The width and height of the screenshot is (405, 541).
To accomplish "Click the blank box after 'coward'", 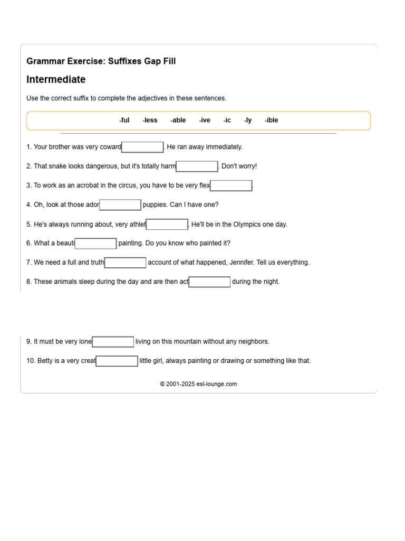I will tap(142, 147).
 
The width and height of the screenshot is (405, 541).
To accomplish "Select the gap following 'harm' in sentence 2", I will tap(197, 166).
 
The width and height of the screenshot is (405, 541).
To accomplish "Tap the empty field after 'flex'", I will tap(231, 185).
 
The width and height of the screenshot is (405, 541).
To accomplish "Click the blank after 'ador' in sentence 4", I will tap(120, 205).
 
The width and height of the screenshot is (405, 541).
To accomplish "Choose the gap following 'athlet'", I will tap(167, 225).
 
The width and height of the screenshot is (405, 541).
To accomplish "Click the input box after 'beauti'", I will tap(95, 244).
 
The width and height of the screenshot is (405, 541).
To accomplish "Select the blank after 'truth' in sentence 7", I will tap(126, 263).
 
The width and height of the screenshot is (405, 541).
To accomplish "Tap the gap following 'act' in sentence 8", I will tap(209, 282).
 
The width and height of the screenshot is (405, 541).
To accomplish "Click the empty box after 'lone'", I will tap(113, 342).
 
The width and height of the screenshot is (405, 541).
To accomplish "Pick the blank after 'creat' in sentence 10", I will tap(117, 361).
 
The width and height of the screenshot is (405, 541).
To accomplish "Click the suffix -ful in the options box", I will tap(124, 120).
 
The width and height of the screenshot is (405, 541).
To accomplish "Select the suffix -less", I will tap(150, 120).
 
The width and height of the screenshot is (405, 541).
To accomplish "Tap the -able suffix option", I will tap(178, 120).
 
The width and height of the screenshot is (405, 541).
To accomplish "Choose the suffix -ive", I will tap(205, 120).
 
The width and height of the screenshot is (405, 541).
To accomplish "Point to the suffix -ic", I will tap(227, 120).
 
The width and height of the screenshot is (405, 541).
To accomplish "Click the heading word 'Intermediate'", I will tap(56, 80).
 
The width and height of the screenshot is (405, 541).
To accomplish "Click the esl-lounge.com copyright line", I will tap(198, 384).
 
